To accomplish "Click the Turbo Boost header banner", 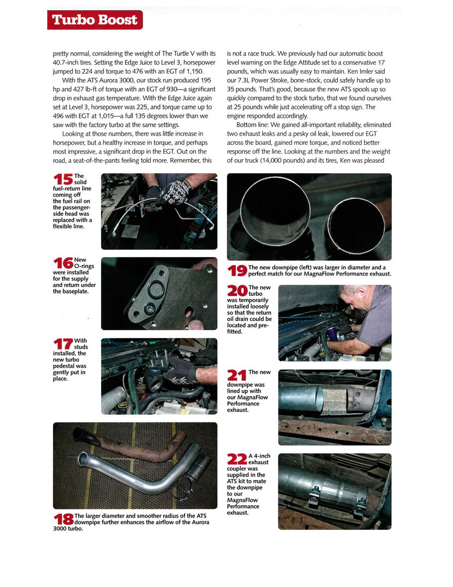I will [x=95, y=20].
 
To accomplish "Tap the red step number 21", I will [x=237, y=375].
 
